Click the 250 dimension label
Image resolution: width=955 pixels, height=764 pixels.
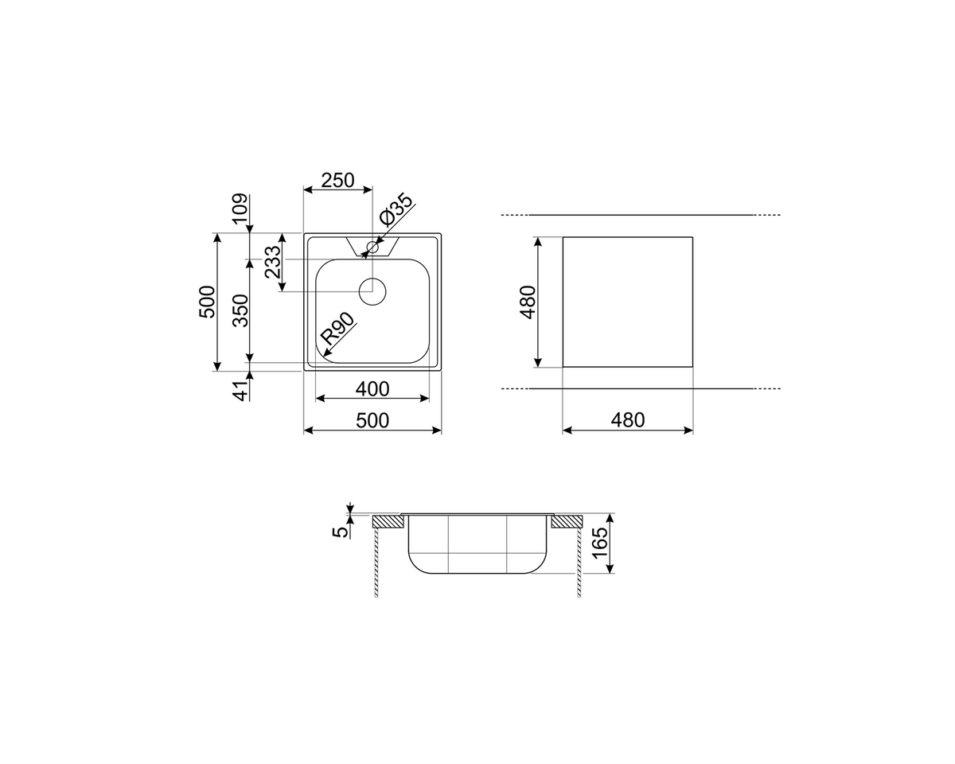(x=337, y=180)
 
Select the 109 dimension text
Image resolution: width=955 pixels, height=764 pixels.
(x=240, y=209)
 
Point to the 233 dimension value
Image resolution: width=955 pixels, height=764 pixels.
(x=273, y=262)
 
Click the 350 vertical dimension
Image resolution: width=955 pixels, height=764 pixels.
(x=241, y=310)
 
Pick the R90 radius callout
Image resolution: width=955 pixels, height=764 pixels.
(x=338, y=329)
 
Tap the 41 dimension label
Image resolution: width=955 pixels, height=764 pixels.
(x=241, y=391)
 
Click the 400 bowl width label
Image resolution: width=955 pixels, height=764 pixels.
(x=372, y=389)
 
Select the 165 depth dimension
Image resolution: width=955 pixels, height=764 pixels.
(x=599, y=544)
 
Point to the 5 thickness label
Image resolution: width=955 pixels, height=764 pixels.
(x=341, y=532)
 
